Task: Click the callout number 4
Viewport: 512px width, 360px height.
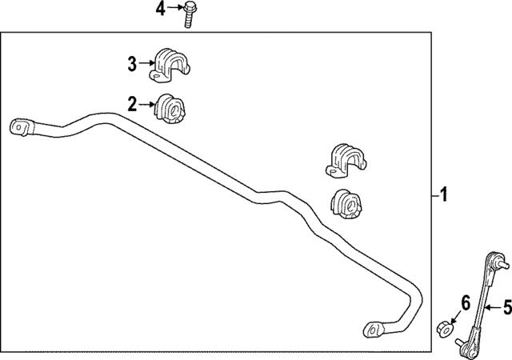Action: [160, 9]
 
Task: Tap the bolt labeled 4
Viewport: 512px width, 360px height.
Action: [189, 14]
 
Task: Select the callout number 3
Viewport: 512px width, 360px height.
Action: [132, 64]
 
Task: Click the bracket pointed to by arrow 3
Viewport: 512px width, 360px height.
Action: [170, 66]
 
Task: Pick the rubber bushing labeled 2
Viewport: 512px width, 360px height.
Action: [170, 109]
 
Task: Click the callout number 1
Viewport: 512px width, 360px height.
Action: [443, 194]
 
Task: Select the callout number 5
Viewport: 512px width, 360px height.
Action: [507, 307]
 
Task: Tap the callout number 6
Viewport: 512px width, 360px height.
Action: [466, 302]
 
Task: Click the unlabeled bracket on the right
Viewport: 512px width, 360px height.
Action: [346, 161]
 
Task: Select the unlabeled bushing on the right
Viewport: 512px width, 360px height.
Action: [346, 204]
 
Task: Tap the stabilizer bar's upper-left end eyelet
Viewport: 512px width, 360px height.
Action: [22, 127]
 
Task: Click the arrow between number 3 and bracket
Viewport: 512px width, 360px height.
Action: [146, 62]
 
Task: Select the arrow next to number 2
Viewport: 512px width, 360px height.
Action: [147, 105]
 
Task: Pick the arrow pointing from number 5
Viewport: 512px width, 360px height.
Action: [493, 307]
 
